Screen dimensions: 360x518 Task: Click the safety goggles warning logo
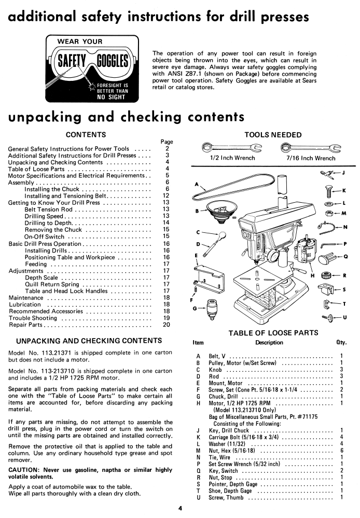coord(92,69)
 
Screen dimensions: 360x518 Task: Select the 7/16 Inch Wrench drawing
coord(311,147)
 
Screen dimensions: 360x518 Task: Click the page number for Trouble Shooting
coord(167,318)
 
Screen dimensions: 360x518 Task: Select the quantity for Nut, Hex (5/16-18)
coord(341,451)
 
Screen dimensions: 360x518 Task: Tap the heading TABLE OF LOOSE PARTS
coord(273,333)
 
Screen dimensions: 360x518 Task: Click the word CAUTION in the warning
coord(23,470)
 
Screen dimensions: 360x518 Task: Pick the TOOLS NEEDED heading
coord(273,135)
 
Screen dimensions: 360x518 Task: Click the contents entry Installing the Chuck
coord(52,189)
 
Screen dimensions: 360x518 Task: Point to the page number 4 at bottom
coord(180,509)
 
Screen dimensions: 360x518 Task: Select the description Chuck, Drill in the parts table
coord(223,397)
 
